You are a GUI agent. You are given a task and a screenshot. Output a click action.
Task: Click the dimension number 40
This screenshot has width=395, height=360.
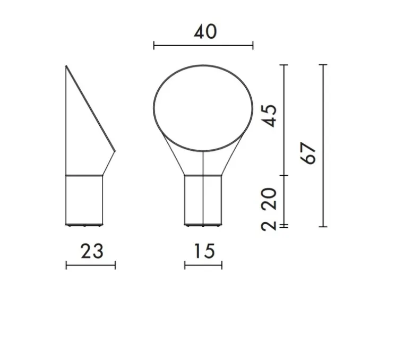click(x=204, y=31)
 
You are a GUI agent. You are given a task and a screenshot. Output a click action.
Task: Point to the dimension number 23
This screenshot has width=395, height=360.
click(x=91, y=251)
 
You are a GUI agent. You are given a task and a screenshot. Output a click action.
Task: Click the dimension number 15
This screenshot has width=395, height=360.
click(x=203, y=251)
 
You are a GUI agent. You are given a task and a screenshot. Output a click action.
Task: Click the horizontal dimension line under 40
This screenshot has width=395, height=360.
click(x=203, y=46)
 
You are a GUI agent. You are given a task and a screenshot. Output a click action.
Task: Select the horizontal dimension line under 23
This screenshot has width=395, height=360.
click(x=90, y=265)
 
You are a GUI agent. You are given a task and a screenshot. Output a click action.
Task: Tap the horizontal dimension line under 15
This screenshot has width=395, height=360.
click(x=203, y=265)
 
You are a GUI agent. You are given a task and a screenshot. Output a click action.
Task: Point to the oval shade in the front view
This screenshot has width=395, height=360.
click(x=203, y=104)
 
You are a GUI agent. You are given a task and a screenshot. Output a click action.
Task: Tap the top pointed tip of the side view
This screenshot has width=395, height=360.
click(x=66, y=66)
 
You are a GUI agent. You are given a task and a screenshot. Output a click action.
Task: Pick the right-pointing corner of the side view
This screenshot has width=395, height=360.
click(x=115, y=150)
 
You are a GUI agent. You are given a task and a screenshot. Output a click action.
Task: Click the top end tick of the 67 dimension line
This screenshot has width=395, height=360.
click(x=323, y=64)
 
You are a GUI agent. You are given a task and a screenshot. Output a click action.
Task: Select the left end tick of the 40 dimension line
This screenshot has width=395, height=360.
click(x=154, y=46)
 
